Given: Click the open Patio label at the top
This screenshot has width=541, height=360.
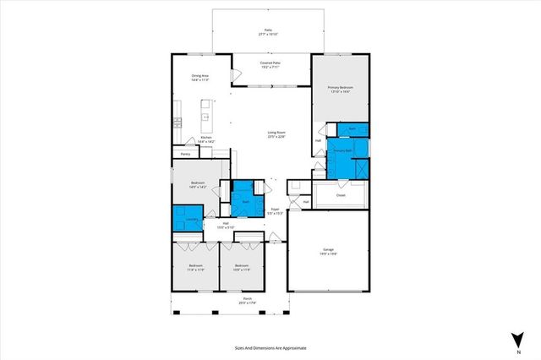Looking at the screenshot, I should tap(268, 32).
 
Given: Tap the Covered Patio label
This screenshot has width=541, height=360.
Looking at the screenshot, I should tap(270, 64).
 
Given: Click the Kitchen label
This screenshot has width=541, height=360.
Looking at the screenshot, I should tap(205, 139).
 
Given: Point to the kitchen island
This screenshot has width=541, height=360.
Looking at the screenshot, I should tap(205, 114).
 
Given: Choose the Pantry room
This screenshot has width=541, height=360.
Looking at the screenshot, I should tap(185, 154).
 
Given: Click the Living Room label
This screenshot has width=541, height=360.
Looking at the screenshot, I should tap(276, 134).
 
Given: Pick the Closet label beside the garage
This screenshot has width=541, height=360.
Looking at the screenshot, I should tap(341, 195).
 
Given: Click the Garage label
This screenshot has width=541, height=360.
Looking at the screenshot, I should tap(328, 251).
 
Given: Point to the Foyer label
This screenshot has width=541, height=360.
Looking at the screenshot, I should tap(275, 210).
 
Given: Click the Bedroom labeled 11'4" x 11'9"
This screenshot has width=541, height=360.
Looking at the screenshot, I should tap(195, 268).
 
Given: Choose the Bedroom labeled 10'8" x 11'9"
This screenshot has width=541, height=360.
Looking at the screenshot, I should tap(243, 268).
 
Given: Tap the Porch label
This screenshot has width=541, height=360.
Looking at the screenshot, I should tap(248, 301).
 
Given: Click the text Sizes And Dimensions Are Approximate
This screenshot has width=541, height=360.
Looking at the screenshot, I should tap(270, 346).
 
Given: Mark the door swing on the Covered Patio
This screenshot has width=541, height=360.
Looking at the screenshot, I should tap(239, 79).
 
